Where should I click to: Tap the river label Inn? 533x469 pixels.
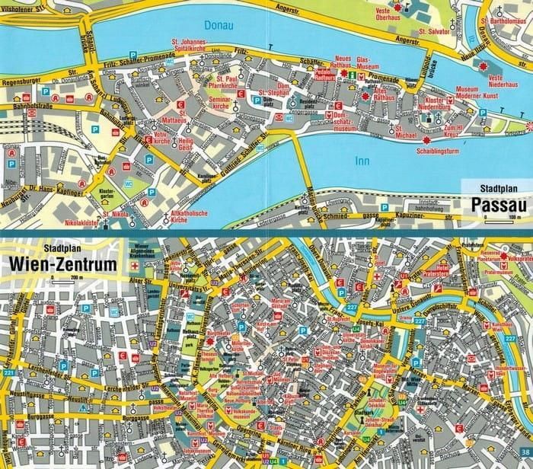pos(364,161)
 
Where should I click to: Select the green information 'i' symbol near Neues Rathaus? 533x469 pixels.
pos(344,76)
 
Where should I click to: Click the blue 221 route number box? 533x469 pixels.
pos(8,373)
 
